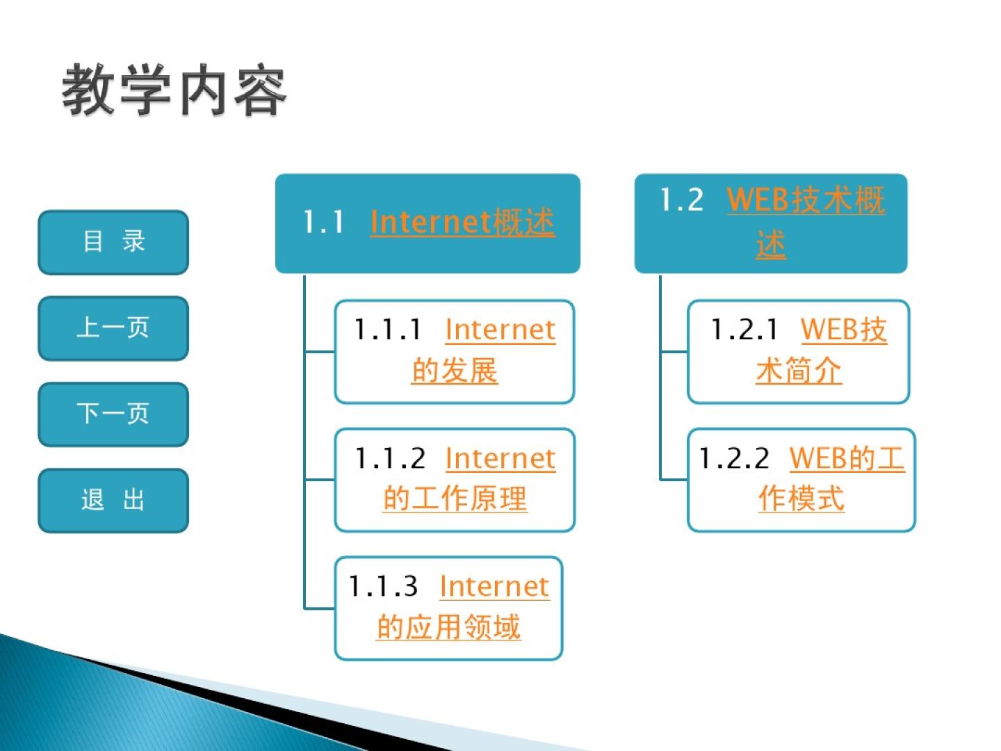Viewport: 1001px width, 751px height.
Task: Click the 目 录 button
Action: pos(113,242)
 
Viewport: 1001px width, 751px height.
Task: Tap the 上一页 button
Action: pos(113,328)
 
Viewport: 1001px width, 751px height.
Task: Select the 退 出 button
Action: pos(113,500)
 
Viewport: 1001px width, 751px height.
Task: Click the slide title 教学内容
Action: pos(174,90)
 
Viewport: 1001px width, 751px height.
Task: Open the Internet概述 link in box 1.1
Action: pos(462,222)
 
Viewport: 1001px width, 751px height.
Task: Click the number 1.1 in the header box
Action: pos(323,223)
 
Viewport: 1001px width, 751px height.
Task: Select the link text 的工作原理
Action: pos(455,499)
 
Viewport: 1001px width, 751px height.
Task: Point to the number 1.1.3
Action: pos(383,586)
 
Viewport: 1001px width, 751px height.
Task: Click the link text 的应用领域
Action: pos(448,627)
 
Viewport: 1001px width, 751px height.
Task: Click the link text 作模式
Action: pos(801,499)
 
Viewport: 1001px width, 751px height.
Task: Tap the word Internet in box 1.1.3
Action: pos(494,586)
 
